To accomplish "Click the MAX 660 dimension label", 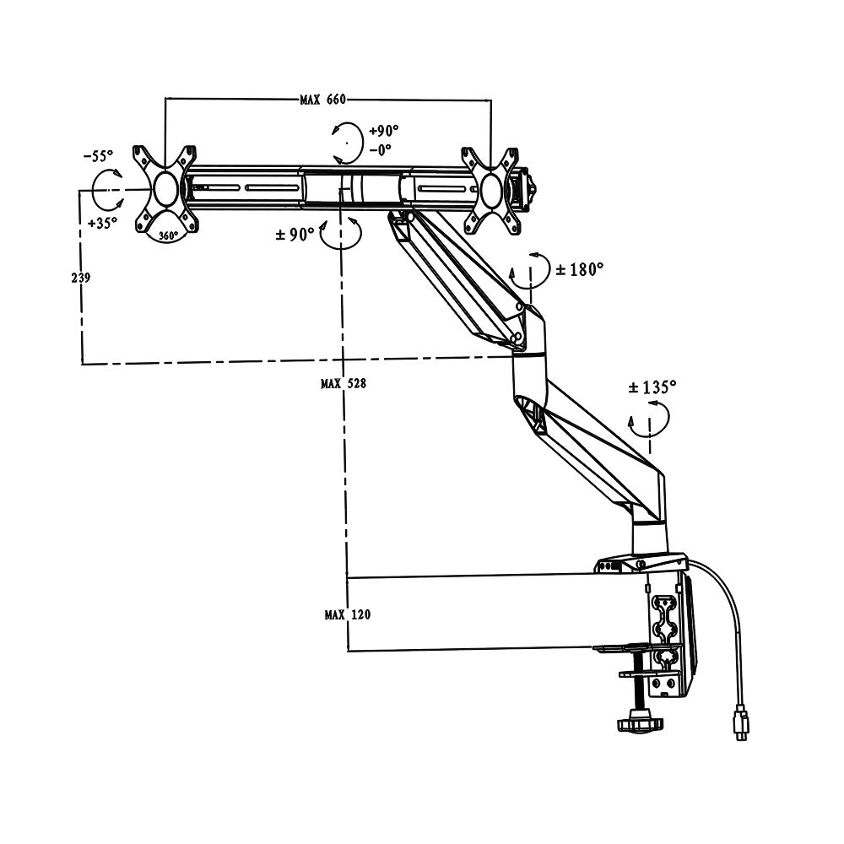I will pyautogui.click(x=323, y=100).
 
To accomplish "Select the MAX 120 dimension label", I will pyautogui.click(x=346, y=615).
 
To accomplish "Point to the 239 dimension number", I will pyautogui.click(x=80, y=278).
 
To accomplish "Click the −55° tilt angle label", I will pyautogui.click(x=98, y=156).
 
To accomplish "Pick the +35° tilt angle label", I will pyautogui.click(x=102, y=224).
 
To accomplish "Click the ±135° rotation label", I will pyautogui.click(x=652, y=387).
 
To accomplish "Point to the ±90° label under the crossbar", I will pyautogui.click(x=295, y=234).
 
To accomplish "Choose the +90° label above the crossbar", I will pyautogui.click(x=383, y=131).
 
